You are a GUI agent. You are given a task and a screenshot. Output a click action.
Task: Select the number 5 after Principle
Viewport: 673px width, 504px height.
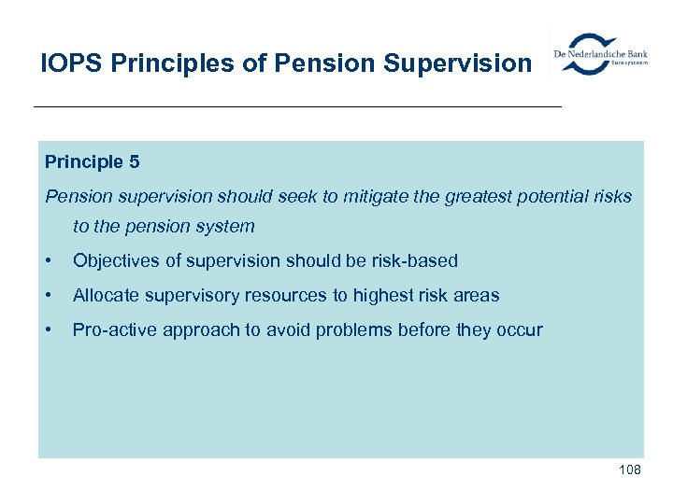click(135, 162)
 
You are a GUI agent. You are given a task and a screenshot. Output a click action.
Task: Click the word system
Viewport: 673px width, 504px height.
click(225, 227)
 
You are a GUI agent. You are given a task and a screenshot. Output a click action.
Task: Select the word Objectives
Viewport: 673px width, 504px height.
click(114, 261)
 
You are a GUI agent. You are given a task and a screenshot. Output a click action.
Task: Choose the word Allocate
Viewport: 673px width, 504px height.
click(106, 296)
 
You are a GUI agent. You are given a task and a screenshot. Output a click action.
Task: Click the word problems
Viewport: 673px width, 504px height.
click(368, 330)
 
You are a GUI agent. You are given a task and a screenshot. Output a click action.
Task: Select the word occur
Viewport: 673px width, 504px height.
click(519, 330)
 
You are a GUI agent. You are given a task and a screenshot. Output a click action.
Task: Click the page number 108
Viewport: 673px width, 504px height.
click(629, 469)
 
